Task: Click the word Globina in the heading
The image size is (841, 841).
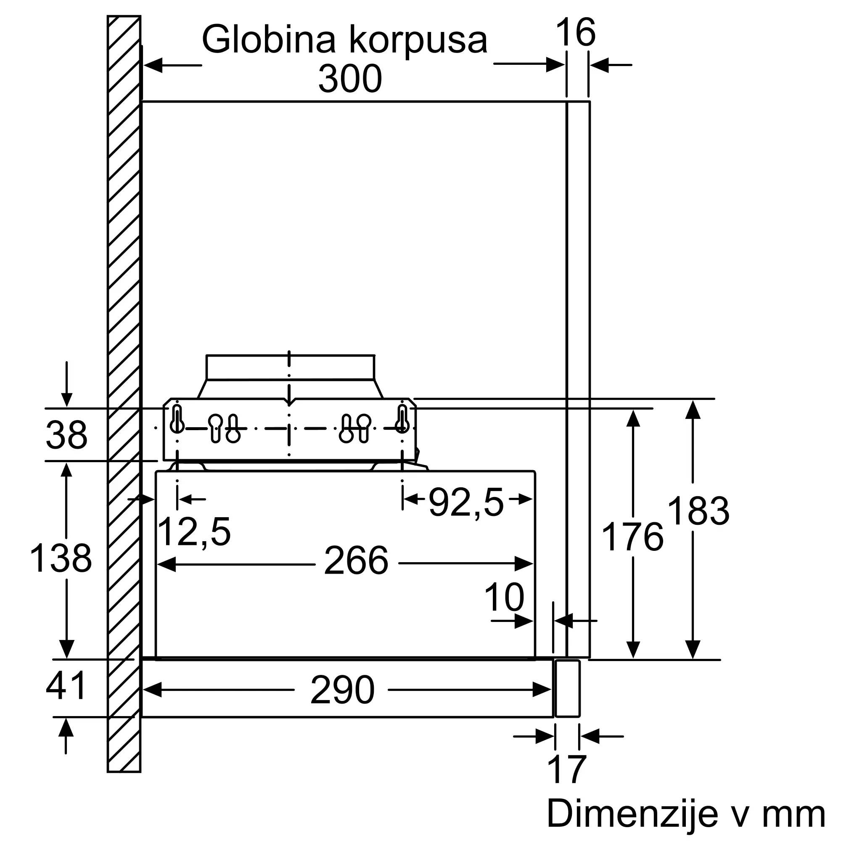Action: pyautogui.click(x=269, y=40)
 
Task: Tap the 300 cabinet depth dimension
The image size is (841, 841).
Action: pyautogui.click(x=350, y=79)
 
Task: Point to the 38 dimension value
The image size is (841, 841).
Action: pyautogui.click(x=66, y=434)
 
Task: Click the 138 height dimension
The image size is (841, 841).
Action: pyautogui.click(x=61, y=558)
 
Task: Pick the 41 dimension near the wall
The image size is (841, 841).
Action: pyautogui.click(x=66, y=685)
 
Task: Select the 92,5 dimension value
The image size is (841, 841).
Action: pyautogui.click(x=467, y=503)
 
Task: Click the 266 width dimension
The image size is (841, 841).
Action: pyautogui.click(x=356, y=561)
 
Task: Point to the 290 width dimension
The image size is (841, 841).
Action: pyautogui.click(x=343, y=690)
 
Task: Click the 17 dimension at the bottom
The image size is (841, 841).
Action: pyautogui.click(x=567, y=770)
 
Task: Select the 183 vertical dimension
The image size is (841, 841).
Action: pyautogui.click(x=698, y=511)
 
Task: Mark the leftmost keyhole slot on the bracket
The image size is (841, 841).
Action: pyautogui.click(x=177, y=419)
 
